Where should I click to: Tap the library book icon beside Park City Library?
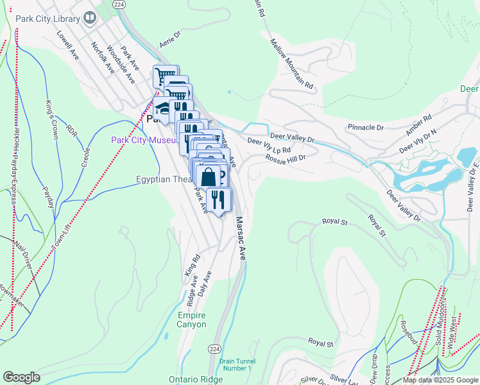point(90,18)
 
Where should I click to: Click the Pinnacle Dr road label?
point(365,128)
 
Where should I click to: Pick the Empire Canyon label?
point(192,320)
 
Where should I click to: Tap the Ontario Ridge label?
point(196,379)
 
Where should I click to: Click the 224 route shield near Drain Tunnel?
point(215,348)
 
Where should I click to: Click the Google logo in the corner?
point(21,377)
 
